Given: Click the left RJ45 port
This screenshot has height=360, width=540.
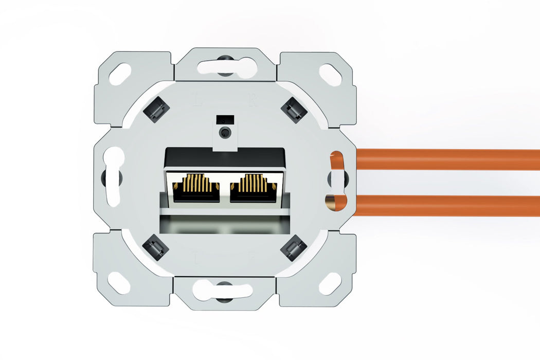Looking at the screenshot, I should (x=196, y=188).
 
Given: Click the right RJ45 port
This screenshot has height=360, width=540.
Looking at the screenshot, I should (x=253, y=188).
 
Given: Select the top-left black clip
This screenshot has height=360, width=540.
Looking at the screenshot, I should (x=156, y=109).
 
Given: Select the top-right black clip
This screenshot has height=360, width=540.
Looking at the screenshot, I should (x=294, y=109).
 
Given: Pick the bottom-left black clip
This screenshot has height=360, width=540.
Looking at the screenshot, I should (x=156, y=247).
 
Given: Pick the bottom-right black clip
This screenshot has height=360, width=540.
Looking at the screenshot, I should (x=294, y=247).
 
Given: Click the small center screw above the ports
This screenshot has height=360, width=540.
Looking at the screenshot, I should (x=224, y=133).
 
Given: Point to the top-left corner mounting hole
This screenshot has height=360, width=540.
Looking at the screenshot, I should (x=120, y=74).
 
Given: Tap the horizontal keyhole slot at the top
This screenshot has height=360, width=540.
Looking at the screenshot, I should (x=225, y=67).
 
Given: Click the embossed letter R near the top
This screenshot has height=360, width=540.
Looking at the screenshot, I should (x=253, y=99).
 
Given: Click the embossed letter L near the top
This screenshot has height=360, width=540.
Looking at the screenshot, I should (x=196, y=99).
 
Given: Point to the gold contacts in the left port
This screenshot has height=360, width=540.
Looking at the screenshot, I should (x=196, y=182).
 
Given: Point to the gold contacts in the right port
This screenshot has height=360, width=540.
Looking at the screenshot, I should (x=253, y=182).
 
